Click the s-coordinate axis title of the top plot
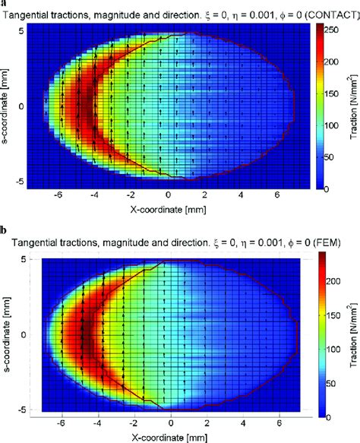7,107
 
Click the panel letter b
6,229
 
